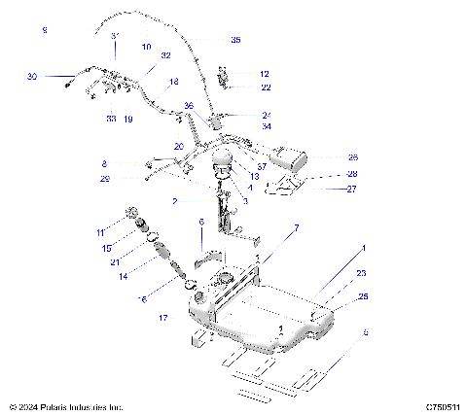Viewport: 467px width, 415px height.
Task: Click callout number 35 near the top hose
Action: [235, 40]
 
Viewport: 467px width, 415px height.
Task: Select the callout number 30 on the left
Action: [32, 76]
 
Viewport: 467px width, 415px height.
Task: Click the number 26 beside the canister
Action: [353, 156]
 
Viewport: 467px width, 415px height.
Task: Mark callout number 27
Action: [353, 190]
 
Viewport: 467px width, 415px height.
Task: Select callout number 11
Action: [99, 233]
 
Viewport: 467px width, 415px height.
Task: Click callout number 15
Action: [107, 249]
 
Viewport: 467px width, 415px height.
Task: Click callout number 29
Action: [104, 179]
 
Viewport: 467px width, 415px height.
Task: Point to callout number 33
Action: [111, 119]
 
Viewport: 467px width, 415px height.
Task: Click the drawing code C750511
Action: [441, 407]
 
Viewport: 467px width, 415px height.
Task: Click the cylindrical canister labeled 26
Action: [290, 156]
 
